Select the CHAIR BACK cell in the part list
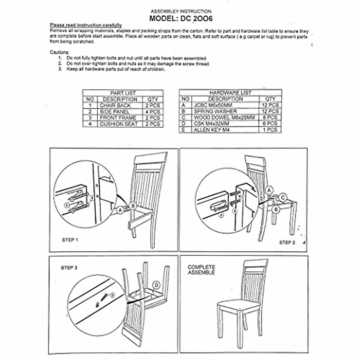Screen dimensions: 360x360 (x=115, y=106)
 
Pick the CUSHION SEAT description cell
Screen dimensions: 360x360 (x=119, y=124)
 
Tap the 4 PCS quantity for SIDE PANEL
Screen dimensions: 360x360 (x=153, y=112)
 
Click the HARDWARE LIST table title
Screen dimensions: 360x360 (x=230, y=93)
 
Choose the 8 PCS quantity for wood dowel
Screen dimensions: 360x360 (x=270, y=117)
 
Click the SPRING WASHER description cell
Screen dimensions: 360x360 (x=215, y=111)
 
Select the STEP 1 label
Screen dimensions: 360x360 (x=70, y=240)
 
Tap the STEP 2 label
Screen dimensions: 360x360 (x=287, y=242)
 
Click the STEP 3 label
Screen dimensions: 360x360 (x=69, y=268)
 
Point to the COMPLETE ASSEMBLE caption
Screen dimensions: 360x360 (x=201, y=270)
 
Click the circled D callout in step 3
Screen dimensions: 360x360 (x=156, y=285)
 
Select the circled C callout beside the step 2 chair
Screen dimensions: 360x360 (x=283, y=197)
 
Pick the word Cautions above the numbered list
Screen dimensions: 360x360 (x=59, y=52)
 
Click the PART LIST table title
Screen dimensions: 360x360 (x=123, y=93)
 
